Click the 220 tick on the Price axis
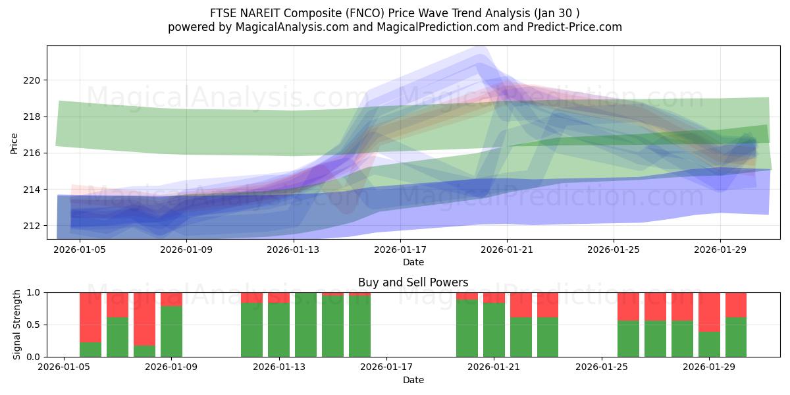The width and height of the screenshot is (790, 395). (32, 80)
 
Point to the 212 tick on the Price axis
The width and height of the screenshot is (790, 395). (32, 226)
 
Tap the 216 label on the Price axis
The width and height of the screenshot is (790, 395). (32, 153)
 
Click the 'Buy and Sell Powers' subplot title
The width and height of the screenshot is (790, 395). (413, 282)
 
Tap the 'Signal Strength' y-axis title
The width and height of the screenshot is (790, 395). (18, 325)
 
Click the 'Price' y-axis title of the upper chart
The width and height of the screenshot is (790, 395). (14, 142)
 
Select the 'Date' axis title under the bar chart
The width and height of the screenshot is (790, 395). (413, 380)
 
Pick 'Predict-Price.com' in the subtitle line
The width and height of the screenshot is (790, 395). (576, 27)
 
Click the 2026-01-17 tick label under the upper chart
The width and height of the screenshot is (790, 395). (400, 250)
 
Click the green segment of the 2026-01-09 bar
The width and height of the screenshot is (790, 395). (171, 332)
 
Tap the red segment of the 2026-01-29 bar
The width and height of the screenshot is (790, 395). (709, 312)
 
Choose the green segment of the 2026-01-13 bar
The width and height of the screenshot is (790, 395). (278, 330)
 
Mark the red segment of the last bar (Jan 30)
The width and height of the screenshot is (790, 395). (736, 305)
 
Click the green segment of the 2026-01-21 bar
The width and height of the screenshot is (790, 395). (494, 330)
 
